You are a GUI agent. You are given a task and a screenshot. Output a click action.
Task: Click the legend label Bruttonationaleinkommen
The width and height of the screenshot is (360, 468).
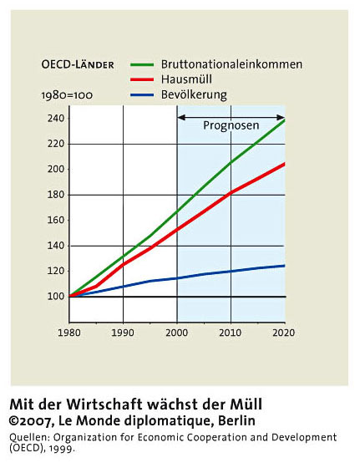(231, 64)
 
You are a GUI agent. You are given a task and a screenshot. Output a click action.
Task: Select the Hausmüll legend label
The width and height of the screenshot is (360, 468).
(186, 79)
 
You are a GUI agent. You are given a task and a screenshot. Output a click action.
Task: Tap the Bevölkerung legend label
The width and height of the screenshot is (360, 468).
(194, 95)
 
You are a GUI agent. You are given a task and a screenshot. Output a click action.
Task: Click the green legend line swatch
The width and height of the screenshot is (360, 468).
(142, 64)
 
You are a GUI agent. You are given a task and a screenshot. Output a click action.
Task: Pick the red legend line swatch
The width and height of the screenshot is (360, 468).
(142, 79)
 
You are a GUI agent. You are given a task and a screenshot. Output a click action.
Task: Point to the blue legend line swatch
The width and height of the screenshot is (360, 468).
(142, 95)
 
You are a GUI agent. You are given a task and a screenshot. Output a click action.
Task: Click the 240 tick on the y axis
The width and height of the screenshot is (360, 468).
(56, 119)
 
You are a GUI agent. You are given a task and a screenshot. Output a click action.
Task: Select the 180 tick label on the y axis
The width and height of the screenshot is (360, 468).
(56, 195)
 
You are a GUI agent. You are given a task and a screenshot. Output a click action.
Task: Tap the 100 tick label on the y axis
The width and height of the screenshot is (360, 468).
(56, 297)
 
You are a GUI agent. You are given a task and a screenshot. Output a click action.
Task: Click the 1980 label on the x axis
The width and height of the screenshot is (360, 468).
(69, 333)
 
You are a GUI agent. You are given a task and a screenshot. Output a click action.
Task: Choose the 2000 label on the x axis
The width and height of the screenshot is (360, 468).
(177, 333)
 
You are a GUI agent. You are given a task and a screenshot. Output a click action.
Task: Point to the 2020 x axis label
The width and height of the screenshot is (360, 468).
(284, 333)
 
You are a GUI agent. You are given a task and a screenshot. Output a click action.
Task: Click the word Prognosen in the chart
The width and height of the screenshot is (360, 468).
(231, 125)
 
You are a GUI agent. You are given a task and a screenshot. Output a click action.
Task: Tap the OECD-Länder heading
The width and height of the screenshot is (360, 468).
(78, 65)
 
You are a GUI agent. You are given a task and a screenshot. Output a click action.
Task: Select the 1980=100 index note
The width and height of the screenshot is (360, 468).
(67, 95)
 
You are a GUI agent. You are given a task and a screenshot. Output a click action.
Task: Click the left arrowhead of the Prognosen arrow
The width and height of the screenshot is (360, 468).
(181, 117)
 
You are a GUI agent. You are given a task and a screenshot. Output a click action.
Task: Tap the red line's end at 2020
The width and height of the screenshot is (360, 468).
(285, 164)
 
